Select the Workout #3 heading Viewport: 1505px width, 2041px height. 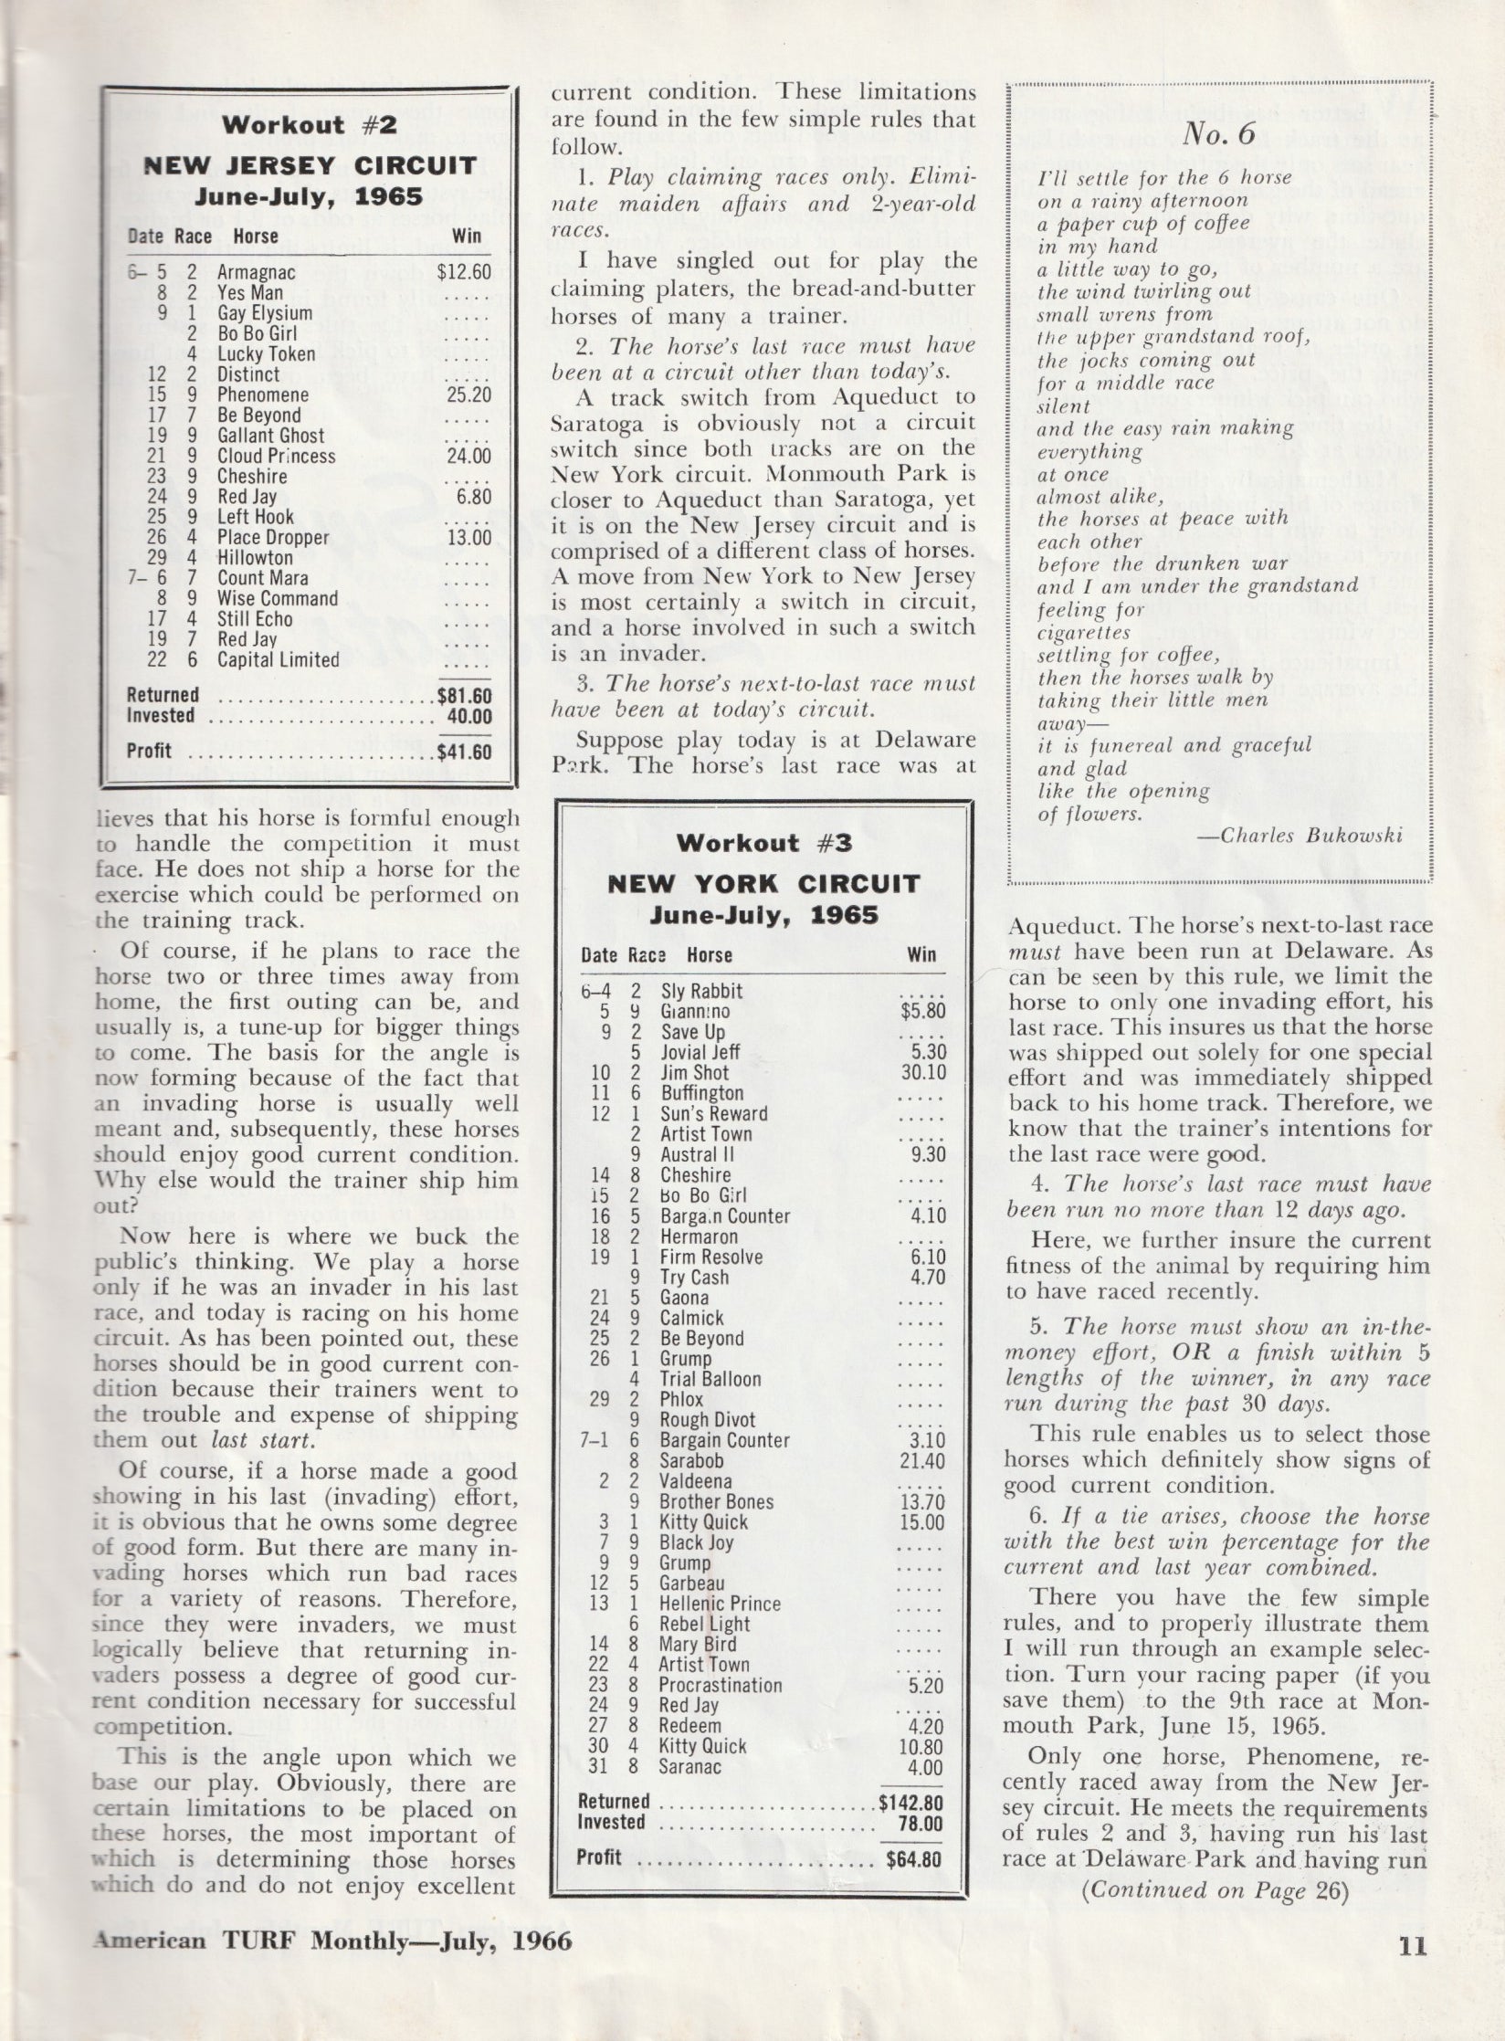coord(763,843)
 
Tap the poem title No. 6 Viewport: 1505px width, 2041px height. coord(1219,135)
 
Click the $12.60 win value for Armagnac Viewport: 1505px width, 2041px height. coord(464,272)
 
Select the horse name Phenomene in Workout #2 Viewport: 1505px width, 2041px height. coord(263,395)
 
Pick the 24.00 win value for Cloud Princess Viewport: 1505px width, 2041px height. coord(469,457)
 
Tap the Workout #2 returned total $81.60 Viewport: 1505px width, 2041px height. coord(464,696)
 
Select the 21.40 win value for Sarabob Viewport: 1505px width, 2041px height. coord(920,1460)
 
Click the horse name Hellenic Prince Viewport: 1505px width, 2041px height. coord(720,1604)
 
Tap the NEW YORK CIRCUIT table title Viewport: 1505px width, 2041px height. coord(763,884)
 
